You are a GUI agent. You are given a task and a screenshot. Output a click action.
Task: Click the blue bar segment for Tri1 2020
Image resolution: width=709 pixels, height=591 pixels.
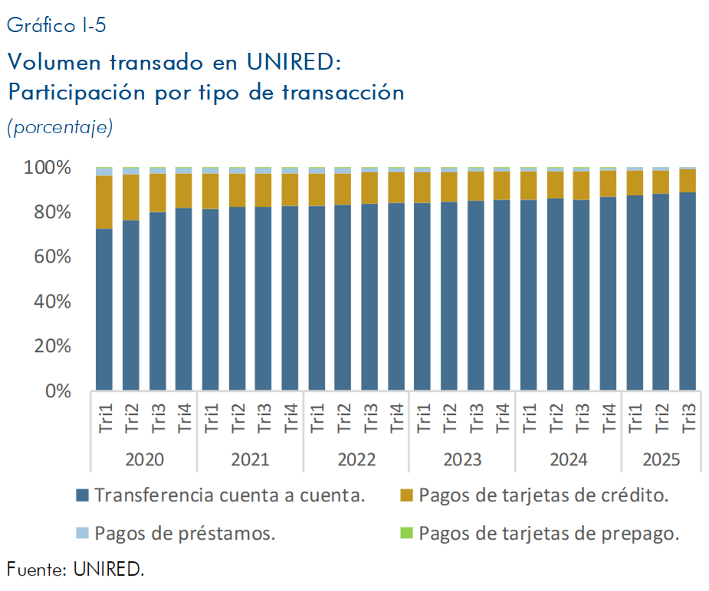point(104,309)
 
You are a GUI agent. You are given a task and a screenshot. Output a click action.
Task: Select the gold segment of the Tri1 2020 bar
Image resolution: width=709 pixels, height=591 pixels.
point(104,202)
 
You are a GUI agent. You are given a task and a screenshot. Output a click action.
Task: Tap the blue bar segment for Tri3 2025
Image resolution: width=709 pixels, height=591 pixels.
point(688,291)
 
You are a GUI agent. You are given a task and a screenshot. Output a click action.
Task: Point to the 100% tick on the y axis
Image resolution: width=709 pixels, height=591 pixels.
point(49,168)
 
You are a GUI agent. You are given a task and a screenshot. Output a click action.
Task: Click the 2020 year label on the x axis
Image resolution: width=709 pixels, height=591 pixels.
point(144,459)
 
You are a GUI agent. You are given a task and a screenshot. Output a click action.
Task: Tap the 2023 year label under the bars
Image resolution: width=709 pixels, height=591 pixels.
point(462,459)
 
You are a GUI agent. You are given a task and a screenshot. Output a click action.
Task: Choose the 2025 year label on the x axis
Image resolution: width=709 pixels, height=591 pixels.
point(661,459)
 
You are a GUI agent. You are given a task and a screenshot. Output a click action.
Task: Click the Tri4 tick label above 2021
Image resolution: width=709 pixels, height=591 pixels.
point(290,419)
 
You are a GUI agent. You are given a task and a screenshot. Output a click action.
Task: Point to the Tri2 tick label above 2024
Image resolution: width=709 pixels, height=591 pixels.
point(555,419)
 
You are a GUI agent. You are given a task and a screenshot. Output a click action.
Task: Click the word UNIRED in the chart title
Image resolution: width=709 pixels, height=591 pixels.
point(293,61)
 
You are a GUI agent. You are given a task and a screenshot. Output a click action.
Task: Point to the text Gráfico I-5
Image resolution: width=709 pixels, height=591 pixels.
point(56,26)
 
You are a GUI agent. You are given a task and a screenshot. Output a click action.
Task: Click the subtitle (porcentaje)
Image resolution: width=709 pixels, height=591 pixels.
point(60,126)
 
